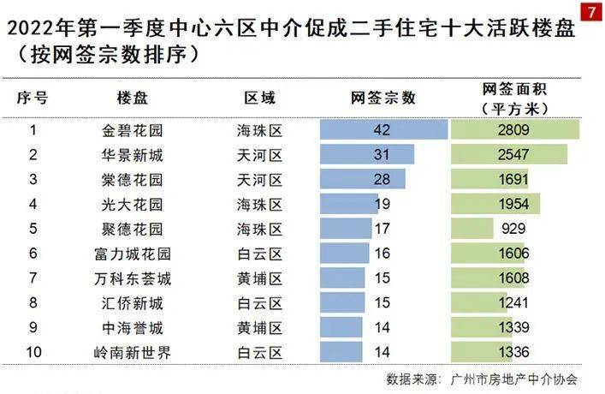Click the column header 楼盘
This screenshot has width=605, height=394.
click(132, 98)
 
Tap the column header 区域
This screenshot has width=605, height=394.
click(259, 98)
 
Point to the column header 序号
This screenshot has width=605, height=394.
click(33, 98)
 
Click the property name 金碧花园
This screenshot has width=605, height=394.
click(132, 130)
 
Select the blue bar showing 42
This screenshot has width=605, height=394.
click(383, 130)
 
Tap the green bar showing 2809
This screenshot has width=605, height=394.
click(515, 130)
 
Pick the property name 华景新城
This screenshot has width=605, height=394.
click(132, 155)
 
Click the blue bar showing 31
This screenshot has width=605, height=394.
click(367, 155)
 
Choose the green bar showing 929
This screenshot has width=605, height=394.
click(472, 229)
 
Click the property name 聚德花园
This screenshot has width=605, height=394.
click(132, 229)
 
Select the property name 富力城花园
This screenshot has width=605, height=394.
click(132, 254)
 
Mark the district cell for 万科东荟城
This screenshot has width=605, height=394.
click(259, 278)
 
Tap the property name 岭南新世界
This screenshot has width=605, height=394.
click(132, 352)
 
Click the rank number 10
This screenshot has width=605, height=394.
click(33, 352)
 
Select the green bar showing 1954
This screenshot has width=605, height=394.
click(495, 204)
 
